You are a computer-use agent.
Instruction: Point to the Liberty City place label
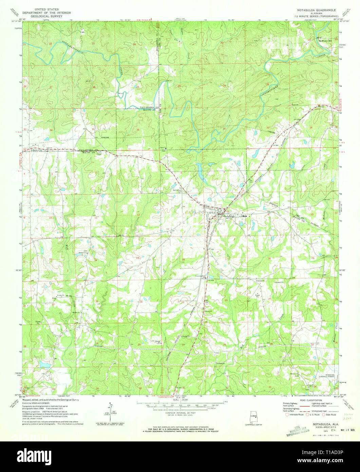[x=37, y=150]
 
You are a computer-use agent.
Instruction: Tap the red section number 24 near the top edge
[x=134, y=44]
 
